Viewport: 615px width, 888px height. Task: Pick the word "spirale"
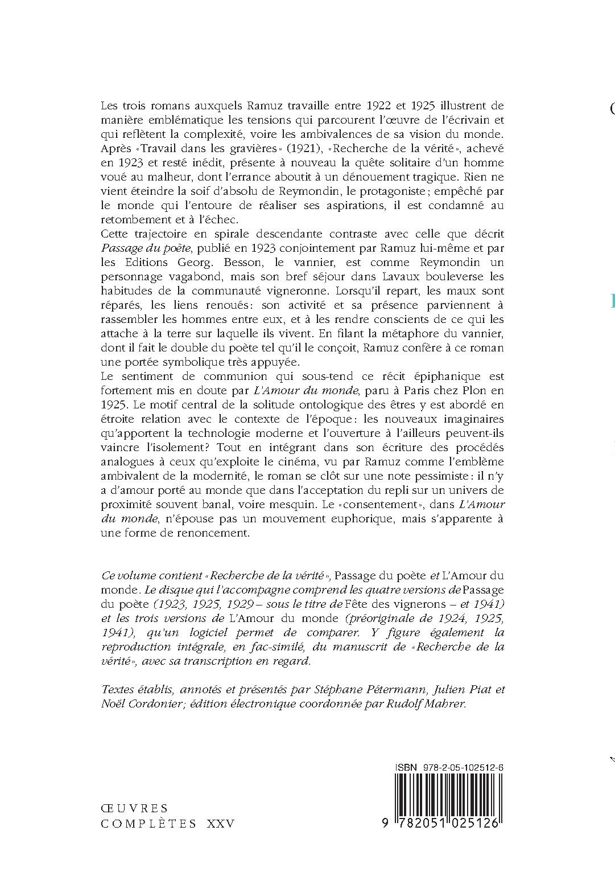(x=236, y=234)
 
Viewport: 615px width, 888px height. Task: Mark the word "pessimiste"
(x=424, y=476)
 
